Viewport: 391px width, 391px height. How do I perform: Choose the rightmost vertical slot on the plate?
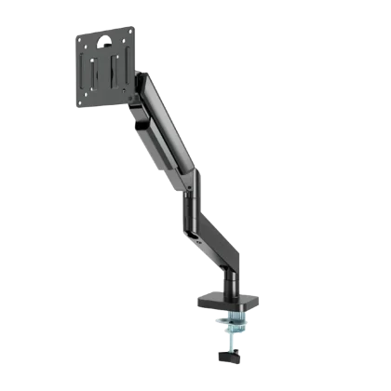(x=117, y=73)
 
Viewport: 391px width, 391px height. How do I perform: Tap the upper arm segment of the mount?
(x=168, y=130)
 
